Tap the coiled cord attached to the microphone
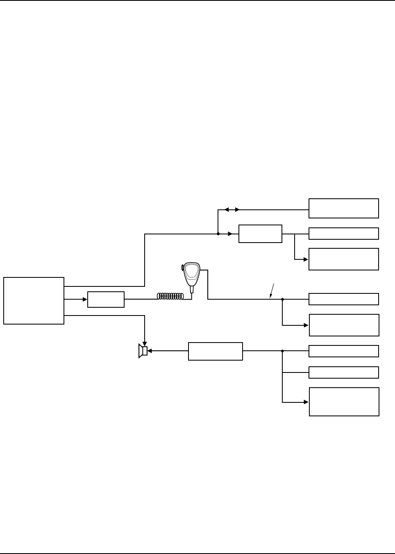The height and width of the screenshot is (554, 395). click(174, 296)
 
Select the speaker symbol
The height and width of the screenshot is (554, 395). click(143, 351)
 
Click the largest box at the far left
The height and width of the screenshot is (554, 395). click(34, 301)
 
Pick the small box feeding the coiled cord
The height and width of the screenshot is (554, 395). click(106, 300)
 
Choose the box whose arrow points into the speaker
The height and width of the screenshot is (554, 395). click(215, 351)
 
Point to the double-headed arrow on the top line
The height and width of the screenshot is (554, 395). click(232, 210)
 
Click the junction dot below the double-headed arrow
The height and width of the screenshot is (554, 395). click(218, 234)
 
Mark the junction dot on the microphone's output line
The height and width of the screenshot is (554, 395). click(282, 300)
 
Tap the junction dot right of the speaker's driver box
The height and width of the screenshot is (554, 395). click(282, 351)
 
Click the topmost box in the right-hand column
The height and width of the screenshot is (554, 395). click(343, 208)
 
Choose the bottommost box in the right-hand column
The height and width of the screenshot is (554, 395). click(344, 402)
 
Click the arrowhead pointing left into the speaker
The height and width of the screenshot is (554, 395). click(150, 351)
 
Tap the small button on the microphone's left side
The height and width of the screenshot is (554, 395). click(182, 268)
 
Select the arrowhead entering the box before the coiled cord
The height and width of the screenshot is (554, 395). click(85, 300)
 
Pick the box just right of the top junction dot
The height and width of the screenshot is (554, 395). click(260, 234)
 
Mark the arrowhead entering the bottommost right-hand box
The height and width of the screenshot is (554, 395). click(306, 402)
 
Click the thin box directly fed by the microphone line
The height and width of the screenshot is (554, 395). click(343, 299)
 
